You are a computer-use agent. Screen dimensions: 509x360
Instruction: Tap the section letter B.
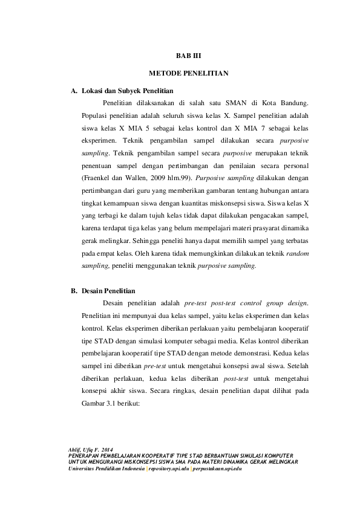click(74, 291)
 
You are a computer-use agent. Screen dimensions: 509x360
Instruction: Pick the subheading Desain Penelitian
click(109, 291)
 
